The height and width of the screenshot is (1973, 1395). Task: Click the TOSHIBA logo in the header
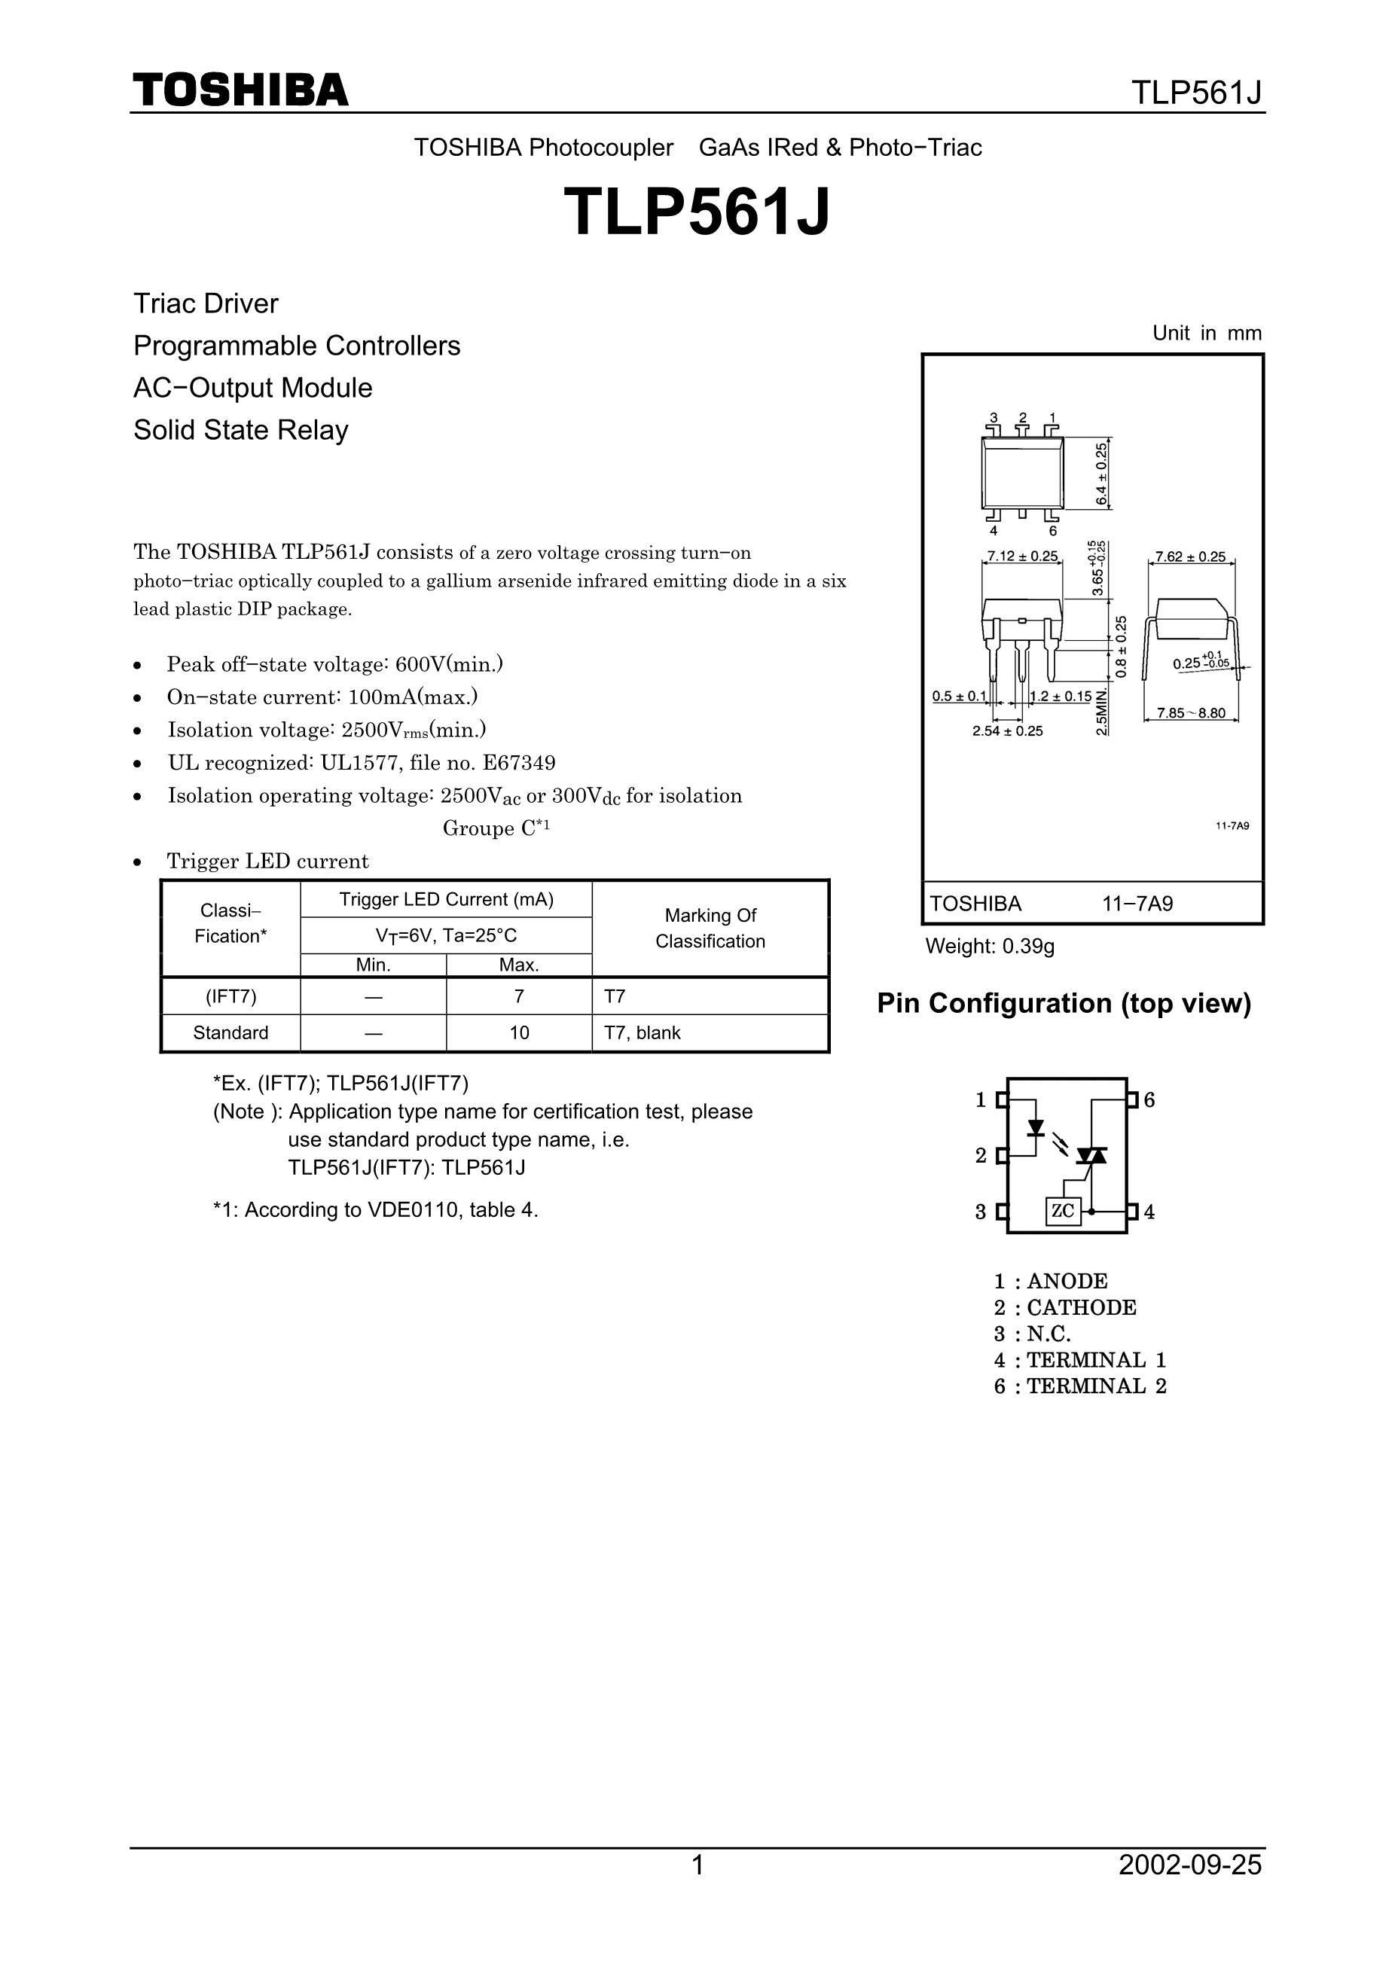(x=240, y=90)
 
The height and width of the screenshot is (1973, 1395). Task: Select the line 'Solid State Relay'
(x=241, y=430)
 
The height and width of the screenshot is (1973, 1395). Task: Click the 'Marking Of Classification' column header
(x=710, y=928)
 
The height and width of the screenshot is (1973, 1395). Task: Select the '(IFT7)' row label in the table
(x=230, y=996)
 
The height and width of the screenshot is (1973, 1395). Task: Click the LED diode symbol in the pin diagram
(x=1036, y=1127)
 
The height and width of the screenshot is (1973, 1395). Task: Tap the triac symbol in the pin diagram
(x=1092, y=1156)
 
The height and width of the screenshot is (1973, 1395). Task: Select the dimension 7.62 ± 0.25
(x=1190, y=557)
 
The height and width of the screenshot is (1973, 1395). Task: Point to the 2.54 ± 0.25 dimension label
(x=1007, y=731)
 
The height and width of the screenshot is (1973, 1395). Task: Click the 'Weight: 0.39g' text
(x=989, y=946)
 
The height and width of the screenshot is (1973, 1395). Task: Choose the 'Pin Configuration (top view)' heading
(x=1064, y=1003)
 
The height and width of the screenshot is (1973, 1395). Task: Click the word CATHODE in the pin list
(x=1081, y=1308)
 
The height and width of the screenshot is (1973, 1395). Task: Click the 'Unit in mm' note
(x=1207, y=334)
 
